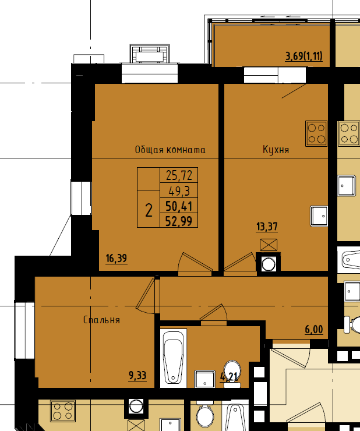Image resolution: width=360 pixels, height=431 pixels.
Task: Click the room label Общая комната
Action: [170, 150]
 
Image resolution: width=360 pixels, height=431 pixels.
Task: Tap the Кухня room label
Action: [276, 150]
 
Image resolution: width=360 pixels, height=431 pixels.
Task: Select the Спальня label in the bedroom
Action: [101, 320]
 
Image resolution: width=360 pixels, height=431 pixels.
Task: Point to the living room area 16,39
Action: [117, 259]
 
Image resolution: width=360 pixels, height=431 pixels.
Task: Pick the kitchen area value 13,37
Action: [267, 227]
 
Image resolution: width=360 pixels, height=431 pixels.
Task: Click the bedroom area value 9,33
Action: [137, 376]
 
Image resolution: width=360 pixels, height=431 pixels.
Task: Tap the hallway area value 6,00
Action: [314, 329]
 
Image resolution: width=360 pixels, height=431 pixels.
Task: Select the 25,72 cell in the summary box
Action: [179, 175]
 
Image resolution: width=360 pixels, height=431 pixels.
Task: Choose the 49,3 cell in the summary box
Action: [179, 190]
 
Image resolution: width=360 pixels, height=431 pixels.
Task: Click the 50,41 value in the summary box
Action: [179, 206]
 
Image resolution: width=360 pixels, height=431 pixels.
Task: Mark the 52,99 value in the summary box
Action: [179, 220]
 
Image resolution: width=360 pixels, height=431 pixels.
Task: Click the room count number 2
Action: [149, 211]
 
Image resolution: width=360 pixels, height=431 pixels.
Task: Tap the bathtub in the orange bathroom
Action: [173, 358]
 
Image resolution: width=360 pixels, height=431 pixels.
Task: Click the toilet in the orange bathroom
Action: [232, 373]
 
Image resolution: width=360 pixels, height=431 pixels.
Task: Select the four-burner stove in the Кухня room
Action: [316, 133]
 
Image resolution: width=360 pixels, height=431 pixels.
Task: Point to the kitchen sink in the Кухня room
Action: [319, 216]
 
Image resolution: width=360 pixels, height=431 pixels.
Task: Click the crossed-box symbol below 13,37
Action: [269, 245]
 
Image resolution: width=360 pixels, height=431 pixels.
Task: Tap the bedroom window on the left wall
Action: [24, 330]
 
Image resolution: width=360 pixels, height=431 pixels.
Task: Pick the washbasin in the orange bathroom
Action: [204, 379]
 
